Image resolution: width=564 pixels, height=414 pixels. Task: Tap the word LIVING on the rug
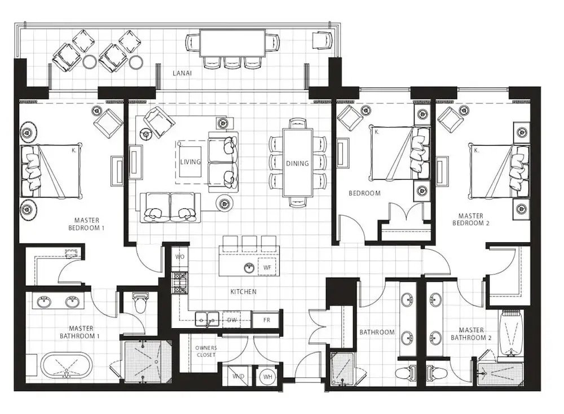191,162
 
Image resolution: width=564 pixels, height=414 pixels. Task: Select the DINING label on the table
297,164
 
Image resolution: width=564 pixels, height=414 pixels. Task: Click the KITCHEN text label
243,292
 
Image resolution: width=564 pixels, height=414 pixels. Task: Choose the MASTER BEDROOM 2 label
471,219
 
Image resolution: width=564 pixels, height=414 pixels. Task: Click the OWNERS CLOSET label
206,351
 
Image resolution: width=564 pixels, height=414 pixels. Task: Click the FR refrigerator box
267,320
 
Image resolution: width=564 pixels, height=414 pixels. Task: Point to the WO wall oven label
180,257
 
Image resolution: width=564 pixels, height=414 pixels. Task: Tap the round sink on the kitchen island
248,267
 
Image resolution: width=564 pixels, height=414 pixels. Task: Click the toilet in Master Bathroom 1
140,303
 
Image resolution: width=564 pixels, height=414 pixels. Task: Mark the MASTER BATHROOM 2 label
471,334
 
